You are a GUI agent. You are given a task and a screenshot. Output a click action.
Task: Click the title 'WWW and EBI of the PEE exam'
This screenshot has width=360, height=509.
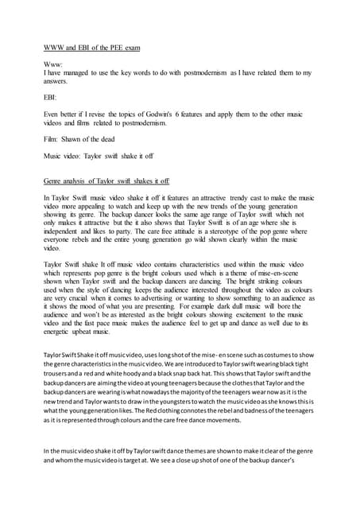[91, 49]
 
